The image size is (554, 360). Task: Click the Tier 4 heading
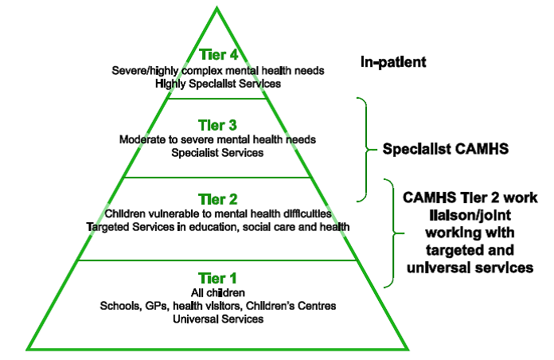(x=218, y=55)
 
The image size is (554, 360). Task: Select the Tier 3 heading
(x=217, y=125)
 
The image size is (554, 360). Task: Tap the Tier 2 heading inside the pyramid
(x=217, y=199)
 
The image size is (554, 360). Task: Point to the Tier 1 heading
(x=217, y=278)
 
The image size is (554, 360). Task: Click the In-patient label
(x=393, y=62)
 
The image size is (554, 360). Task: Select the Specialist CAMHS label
(x=446, y=149)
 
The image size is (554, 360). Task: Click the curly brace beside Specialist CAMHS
(x=366, y=150)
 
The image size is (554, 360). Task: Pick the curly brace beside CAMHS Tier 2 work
(x=393, y=233)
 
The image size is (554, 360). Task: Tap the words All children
(x=218, y=293)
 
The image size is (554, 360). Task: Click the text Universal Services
(x=218, y=319)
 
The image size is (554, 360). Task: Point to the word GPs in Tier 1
(x=157, y=306)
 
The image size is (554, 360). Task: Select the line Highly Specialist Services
(x=218, y=84)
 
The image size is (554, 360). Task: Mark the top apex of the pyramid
(x=217, y=7)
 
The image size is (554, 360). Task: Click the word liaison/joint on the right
(x=470, y=215)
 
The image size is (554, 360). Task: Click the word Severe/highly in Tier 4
(x=145, y=71)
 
